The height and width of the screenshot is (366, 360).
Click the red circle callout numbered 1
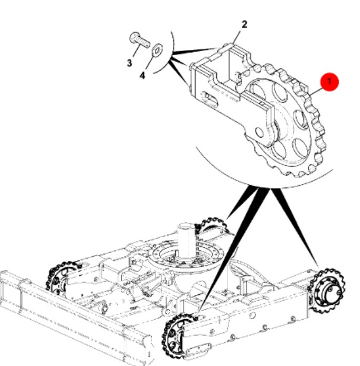[x=329, y=81]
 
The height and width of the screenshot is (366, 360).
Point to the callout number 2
[x=244, y=24]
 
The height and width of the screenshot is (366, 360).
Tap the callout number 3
[x=129, y=63]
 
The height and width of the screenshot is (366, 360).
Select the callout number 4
[x=142, y=75]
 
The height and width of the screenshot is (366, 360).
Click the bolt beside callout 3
[x=139, y=40]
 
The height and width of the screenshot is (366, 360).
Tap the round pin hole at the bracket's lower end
[x=259, y=132]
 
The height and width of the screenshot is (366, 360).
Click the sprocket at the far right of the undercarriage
[x=326, y=291]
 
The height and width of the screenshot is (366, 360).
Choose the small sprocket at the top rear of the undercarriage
[x=211, y=225]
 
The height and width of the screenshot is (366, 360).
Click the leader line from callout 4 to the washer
[x=149, y=62]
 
